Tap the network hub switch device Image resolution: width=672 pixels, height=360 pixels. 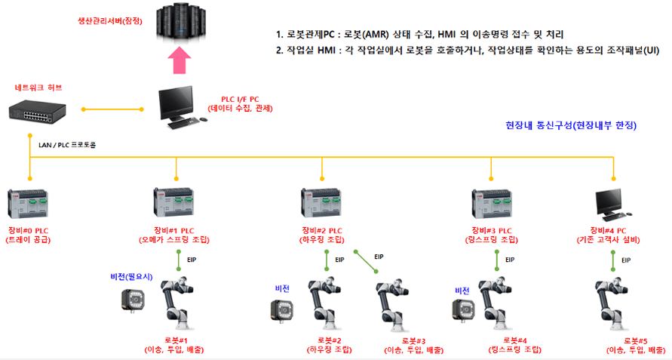pos(36,111)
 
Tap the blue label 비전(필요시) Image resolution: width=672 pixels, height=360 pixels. pos(132,277)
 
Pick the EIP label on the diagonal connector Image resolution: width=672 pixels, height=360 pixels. pos(379,257)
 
